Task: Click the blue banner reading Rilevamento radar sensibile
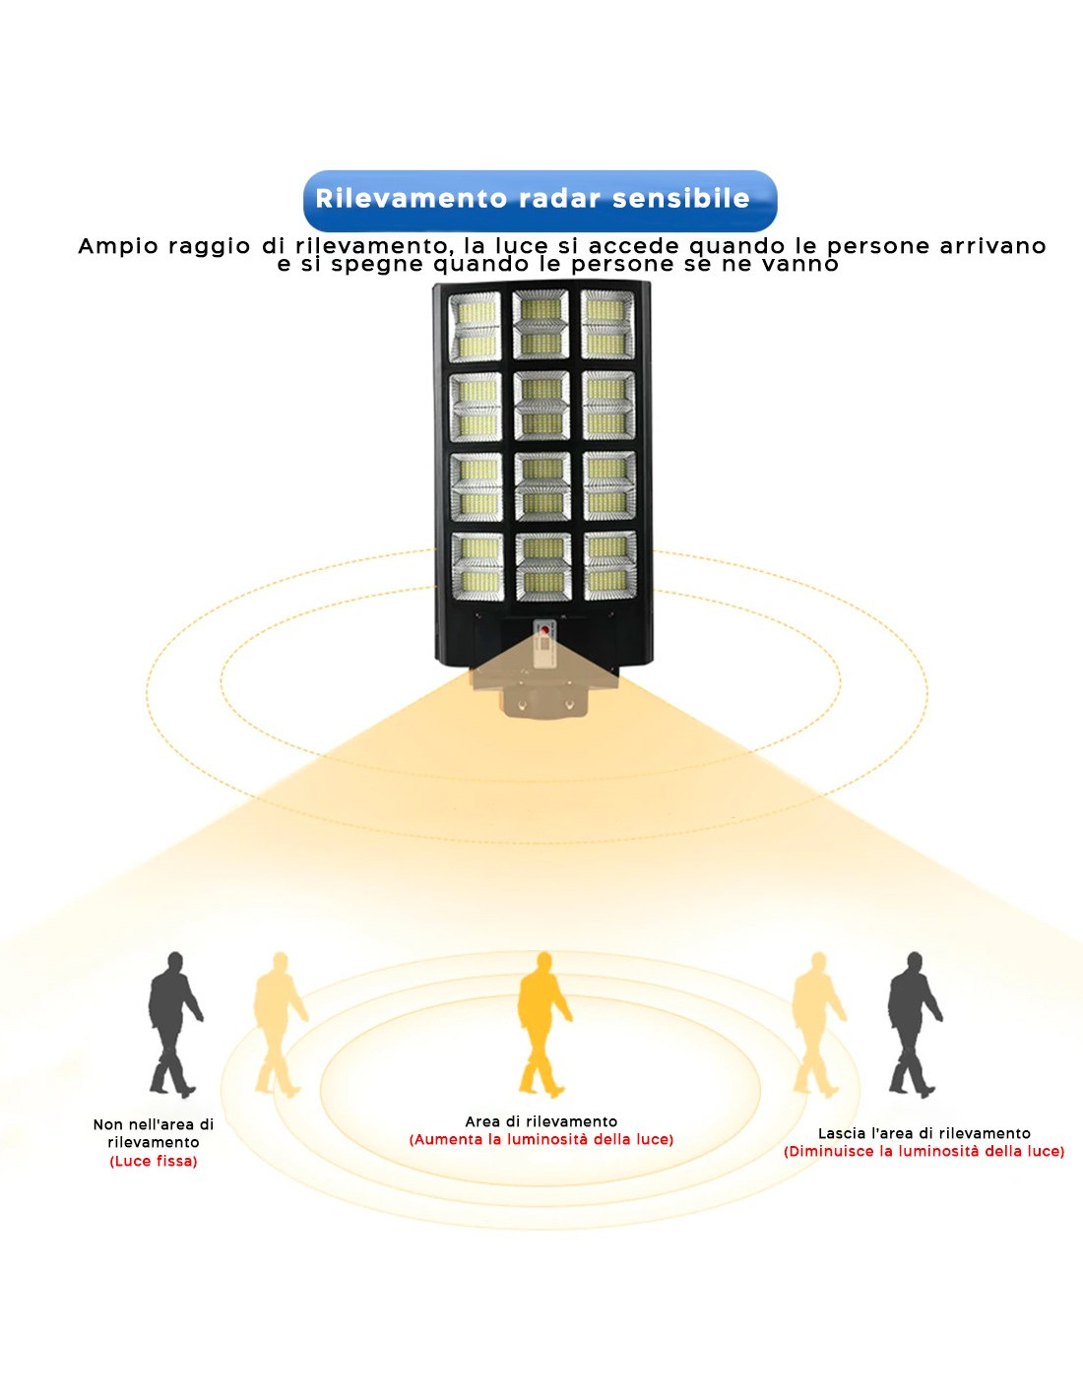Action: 540,201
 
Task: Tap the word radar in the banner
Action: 559,199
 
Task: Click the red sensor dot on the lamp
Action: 545,629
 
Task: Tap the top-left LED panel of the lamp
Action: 475,326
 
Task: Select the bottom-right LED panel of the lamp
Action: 609,566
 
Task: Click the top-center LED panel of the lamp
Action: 541,324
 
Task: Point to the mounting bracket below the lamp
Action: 544,688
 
